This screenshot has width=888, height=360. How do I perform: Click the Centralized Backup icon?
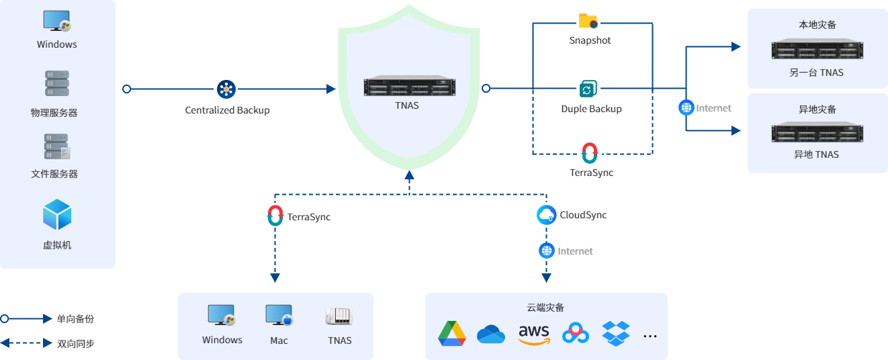pyautogui.click(x=226, y=89)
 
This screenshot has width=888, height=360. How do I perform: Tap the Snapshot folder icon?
pyautogui.click(x=588, y=21)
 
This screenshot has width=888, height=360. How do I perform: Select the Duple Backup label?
pyautogui.click(x=591, y=109)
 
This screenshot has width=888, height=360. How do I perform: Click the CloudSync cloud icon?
pyautogui.click(x=547, y=215)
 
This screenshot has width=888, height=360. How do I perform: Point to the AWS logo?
pyautogui.click(x=534, y=334)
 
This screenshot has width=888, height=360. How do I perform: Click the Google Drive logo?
pyautogui.click(x=452, y=334)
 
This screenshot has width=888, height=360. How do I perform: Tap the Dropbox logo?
pyautogui.click(x=616, y=333)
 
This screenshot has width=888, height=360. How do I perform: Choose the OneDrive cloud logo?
pyautogui.click(x=491, y=334)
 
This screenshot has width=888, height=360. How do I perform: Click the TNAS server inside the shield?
pyautogui.click(x=410, y=87)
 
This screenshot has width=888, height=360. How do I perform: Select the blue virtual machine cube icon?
pyautogui.click(x=57, y=215)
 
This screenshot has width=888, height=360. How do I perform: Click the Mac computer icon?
pyautogui.click(x=279, y=316)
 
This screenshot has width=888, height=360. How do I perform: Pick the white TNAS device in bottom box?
pyautogui.click(x=339, y=316)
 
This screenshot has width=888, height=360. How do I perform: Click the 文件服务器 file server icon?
pyautogui.click(x=57, y=146)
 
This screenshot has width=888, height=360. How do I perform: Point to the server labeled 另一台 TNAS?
pyautogui.click(x=817, y=50)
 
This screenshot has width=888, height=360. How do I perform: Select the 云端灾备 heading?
pyautogui.click(x=545, y=308)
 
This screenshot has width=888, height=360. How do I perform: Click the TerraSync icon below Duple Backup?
pyautogui.click(x=590, y=152)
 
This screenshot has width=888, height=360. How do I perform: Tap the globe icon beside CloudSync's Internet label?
pyautogui.click(x=547, y=251)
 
